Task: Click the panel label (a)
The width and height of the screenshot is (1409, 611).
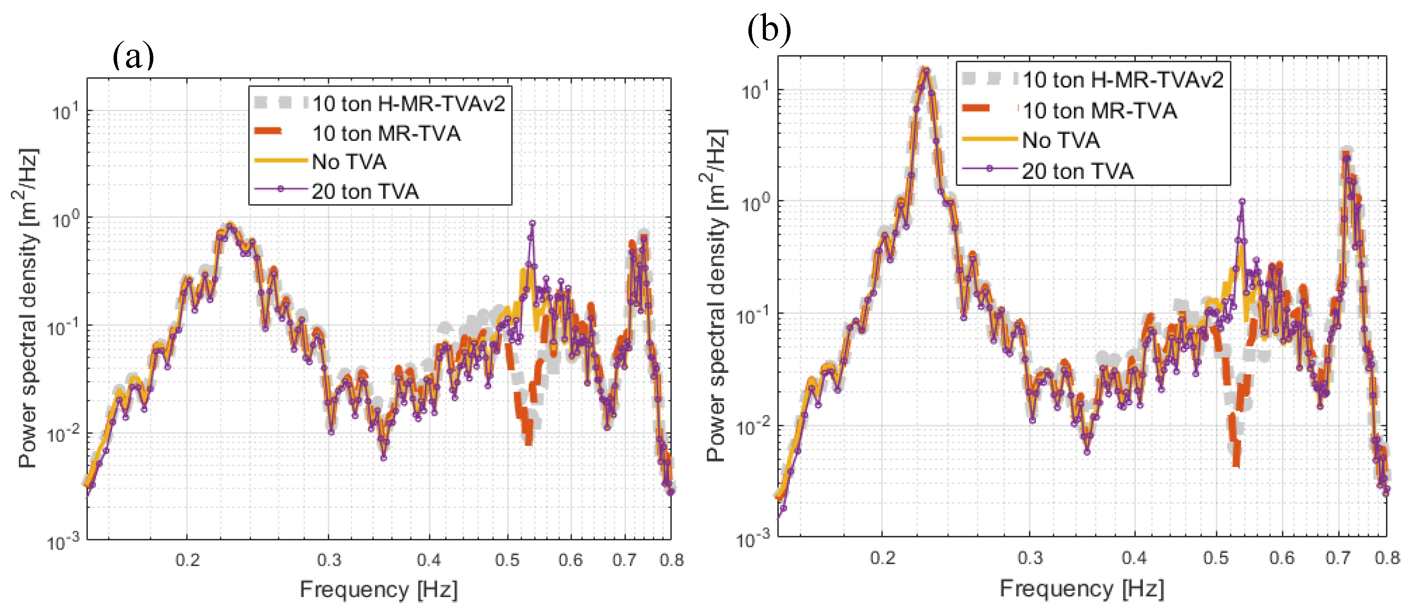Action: tap(133, 56)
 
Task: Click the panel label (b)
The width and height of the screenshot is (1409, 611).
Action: tap(769, 29)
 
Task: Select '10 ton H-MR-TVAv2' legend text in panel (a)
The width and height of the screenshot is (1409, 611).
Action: tap(409, 103)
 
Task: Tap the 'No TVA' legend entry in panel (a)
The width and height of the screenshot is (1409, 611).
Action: tap(349, 162)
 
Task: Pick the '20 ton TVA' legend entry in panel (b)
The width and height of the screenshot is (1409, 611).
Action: tap(1077, 171)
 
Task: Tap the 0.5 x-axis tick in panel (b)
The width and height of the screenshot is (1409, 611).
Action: tap(1215, 558)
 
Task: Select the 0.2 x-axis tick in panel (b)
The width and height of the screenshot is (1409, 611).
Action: tap(882, 558)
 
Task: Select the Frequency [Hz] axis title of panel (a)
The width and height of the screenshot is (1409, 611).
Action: tap(378, 590)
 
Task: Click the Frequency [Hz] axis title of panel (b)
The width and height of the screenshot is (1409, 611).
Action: tap(1081, 589)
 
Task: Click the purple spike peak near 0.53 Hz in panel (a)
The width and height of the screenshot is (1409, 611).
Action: tap(532, 223)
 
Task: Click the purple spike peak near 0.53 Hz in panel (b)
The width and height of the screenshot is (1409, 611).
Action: tap(1242, 201)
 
